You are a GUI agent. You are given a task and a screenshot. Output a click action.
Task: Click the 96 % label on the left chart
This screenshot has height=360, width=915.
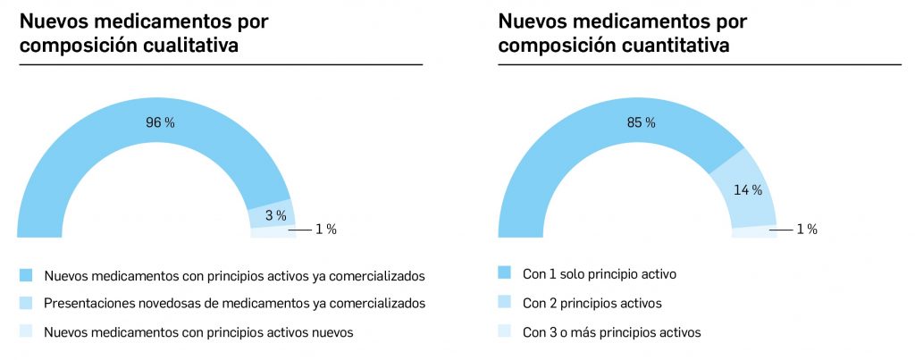pyautogui.click(x=160, y=122)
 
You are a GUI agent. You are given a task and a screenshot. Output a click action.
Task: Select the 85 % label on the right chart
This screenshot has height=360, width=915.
pyautogui.click(x=641, y=122)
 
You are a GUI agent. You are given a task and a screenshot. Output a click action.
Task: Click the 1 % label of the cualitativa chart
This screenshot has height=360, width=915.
pyautogui.click(x=325, y=230)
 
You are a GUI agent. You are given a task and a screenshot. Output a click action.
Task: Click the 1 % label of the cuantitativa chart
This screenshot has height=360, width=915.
pyautogui.click(x=806, y=230)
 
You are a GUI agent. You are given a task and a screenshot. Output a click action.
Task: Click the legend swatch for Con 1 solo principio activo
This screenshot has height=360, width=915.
pyautogui.click(x=505, y=273)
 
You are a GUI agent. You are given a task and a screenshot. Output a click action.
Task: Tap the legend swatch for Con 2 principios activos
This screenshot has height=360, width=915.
pyautogui.click(x=505, y=303)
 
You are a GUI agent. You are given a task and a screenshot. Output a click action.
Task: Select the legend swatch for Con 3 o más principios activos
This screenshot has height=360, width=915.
pyautogui.click(x=505, y=332)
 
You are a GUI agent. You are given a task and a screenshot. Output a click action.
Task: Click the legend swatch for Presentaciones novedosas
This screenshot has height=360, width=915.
pyautogui.click(x=26, y=303)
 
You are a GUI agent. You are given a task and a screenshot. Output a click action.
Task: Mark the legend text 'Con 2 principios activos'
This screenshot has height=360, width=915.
pyautogui.click(x=592, y=303)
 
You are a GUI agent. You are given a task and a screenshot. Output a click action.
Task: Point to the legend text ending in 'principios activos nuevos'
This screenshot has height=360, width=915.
pyautogui.click(x=198, y=332)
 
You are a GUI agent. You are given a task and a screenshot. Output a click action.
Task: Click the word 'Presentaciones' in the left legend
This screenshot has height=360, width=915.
pyautogui.click(x=85, y=303)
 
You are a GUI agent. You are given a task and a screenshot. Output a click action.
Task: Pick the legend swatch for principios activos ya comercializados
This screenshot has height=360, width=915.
pyautogui.click(x=26, y=273)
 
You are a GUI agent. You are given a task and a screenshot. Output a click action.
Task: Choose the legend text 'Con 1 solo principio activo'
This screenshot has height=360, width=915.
pyautogui.click(x=599, y=273)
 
